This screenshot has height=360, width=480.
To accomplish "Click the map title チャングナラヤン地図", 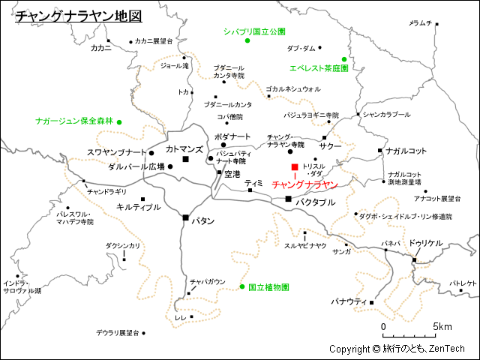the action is point(79,16).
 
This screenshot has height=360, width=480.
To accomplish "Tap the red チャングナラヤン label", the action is point(304,184).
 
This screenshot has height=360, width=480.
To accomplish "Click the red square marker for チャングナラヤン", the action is point(295,166).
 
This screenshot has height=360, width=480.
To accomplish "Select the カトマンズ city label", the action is point(184,149).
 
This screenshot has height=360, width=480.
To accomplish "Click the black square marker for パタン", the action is point(186,217).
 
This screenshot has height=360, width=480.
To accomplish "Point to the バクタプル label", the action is point(315,202).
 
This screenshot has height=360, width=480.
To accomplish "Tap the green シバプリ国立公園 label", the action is point(255,31).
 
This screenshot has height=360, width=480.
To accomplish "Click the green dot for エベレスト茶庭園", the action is point(344,59).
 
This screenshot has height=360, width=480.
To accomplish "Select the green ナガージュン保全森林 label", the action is point(74,121).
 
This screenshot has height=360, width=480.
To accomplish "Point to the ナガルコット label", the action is point(406,151).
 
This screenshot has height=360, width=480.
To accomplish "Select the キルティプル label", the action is point(139,206).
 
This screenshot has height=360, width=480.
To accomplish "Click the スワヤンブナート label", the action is point(116,152).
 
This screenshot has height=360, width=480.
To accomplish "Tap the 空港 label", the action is point(232,174).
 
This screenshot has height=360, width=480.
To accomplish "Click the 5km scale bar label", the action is point(442,327).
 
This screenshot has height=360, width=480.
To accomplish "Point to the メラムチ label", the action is point(420,23).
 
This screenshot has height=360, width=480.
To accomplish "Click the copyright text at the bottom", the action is point(397,349).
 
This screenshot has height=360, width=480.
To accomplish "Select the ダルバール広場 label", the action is point(136,166).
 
